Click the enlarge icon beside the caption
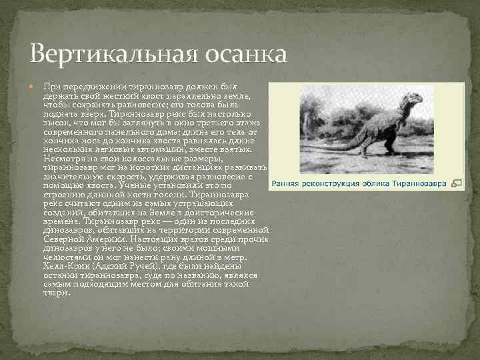pos(457,183)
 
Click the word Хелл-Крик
pos(65,265)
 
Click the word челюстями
pos(65,257)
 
